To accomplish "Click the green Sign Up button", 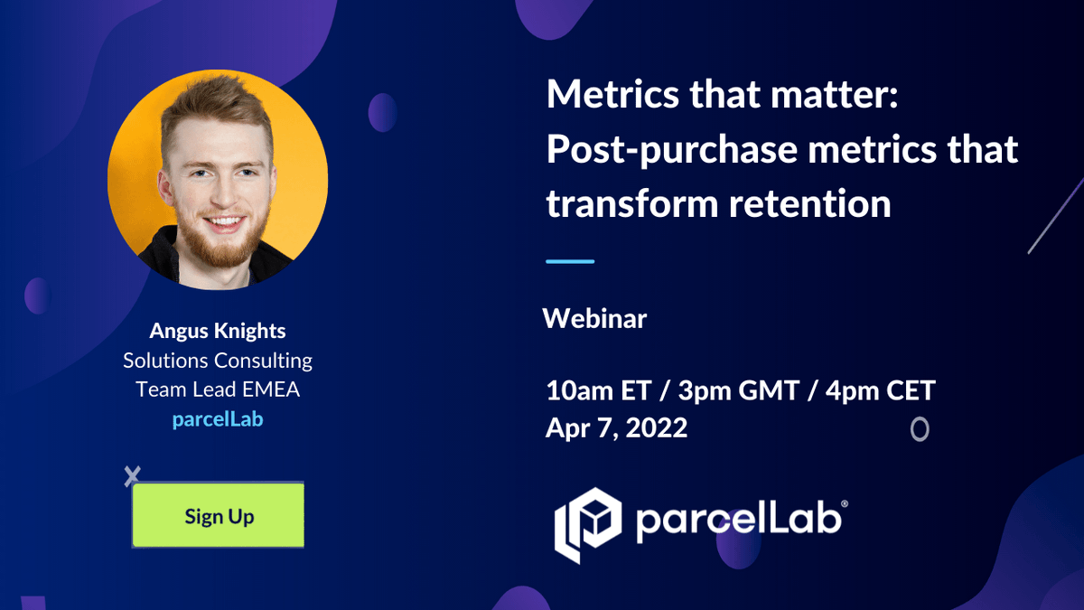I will point(219,516).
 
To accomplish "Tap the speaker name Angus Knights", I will point(217,331).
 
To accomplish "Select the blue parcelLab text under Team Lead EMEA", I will point(217,419).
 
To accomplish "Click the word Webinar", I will point(594,318).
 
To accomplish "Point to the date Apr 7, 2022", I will point(616,427).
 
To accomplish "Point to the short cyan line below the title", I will point(570,261).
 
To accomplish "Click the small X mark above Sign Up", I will point(133,476).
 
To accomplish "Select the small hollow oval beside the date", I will point(919,429).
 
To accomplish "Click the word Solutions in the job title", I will point(165,361).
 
